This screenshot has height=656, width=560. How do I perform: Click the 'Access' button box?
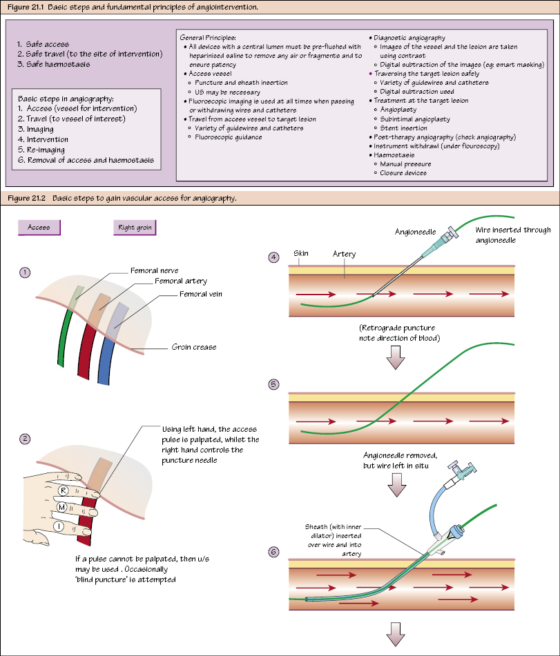[x=39, y=227]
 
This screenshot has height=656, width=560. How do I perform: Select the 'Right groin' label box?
[x=135, y=227]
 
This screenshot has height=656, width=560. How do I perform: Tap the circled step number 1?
[x=26, y=272]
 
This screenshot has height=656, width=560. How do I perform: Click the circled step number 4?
[x=274, y=258]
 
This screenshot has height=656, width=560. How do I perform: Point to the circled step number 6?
[x=274, y=552]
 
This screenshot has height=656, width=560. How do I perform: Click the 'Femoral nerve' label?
[x=154, y=271]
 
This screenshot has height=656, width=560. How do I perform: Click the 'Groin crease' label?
[x=194, y=347]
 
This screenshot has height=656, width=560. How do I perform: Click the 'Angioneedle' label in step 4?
[x=415, y=232]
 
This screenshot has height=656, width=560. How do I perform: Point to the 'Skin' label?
[x=300, y=253]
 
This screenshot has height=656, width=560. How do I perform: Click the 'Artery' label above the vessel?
[x=344, y=254]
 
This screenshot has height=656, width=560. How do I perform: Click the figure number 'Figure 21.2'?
[x=26, y=198]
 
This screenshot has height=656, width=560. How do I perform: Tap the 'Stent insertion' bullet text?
[x=405, y=128]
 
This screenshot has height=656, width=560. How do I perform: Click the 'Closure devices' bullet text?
[x=403, y=172]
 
